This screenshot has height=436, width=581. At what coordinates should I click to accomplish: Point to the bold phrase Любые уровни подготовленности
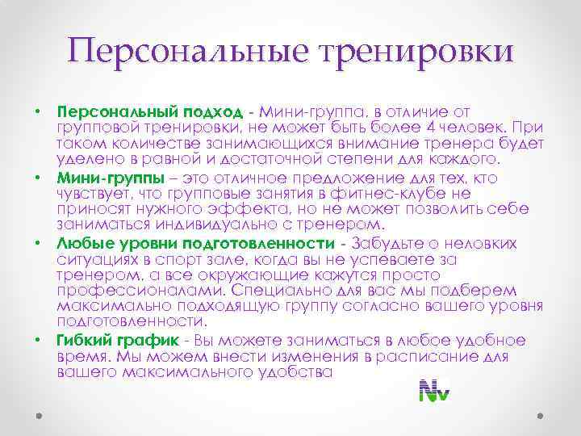[x=195, y=243]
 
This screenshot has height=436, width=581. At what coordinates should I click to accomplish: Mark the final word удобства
[x=294, y=371]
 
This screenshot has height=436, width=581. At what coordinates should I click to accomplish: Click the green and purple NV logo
[x=434, y=390]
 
